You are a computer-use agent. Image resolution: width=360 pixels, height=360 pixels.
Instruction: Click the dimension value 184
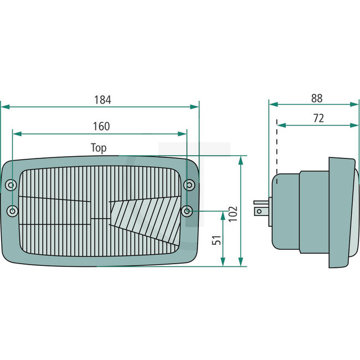click(x=102, y=100)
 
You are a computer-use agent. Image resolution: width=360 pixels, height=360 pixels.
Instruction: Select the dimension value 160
click(x=101, y=126)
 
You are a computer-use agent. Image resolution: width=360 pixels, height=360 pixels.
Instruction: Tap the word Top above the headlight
click(x=99, y=148)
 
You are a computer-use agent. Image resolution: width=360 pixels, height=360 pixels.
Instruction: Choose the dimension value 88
click(x=317, y=98)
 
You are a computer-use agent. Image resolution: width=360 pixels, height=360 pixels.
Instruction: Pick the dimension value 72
click(x=318, y=118)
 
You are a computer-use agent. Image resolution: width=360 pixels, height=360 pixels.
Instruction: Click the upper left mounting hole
click(x=12, y=184)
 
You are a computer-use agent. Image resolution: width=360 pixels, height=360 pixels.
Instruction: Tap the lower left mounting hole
click(x=12, y=210)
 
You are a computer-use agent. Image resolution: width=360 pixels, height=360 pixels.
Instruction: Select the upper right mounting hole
click(x=188, y=184)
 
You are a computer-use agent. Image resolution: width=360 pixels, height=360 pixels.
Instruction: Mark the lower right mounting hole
click(x=188, y=210)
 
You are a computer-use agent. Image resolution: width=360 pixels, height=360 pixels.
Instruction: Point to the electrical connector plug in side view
click(x=260, y=210)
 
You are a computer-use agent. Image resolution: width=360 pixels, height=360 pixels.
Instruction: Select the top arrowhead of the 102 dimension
click(x=240, y=160)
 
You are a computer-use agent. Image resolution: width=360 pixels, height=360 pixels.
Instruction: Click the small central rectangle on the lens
click(x=100, y=221)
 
